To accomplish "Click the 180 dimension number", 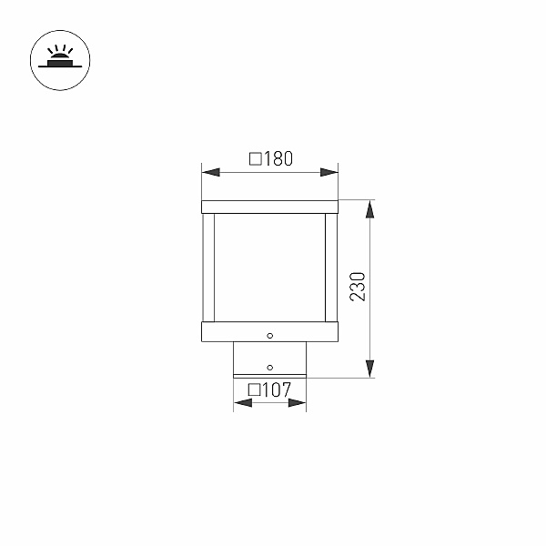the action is [278, 158].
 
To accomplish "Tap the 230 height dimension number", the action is [358, 287].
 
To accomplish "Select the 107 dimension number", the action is [277, 390].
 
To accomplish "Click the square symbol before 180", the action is [256, 158].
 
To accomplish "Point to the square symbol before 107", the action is [254, 390].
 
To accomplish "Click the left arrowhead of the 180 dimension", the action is [211, 172].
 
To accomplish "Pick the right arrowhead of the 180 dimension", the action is [329, 172].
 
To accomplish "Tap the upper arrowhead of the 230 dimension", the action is [369, 209].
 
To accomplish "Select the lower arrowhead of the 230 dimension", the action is [369, 369].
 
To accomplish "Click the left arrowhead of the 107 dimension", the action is [243, 403].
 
